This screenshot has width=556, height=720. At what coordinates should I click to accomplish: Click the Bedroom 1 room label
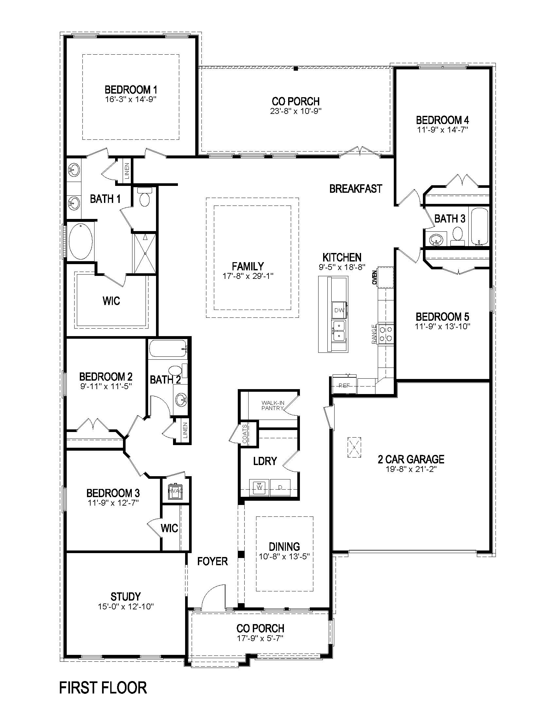point(131,90)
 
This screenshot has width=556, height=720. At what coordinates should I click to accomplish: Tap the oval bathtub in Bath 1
point(81,241)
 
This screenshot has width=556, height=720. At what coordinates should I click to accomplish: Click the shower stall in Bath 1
point(144,253)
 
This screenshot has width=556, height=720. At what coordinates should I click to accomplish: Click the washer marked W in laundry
point(259,487)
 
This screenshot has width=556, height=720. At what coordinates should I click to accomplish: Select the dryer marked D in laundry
point(280,487)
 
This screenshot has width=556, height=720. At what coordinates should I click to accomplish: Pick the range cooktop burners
point(386,333)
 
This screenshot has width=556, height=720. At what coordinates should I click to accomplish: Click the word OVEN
point(374,278)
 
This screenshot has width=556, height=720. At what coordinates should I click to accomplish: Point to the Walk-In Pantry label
point(272,405)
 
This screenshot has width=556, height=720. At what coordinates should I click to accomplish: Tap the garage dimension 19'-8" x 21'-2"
point(411,469)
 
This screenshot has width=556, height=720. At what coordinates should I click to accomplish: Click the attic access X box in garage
point(354,447)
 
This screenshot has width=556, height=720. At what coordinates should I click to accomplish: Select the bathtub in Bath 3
point(480,226)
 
